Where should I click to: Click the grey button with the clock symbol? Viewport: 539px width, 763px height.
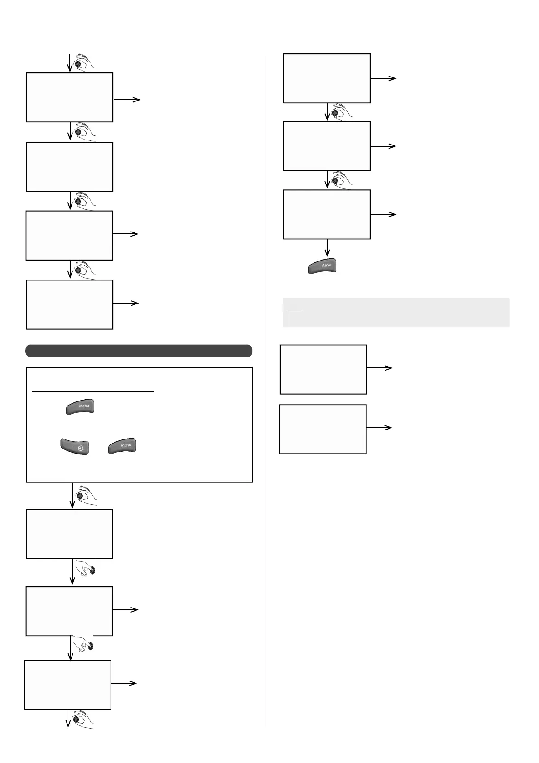click(x=74, y=446)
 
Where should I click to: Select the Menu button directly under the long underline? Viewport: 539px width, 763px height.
click(x=81, y=406)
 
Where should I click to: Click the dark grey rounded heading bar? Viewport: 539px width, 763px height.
click(x=139, y=351)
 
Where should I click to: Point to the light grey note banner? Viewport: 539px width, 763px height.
click(x=396, y=312)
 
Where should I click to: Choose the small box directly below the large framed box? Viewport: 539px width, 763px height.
click(x=69, y=534)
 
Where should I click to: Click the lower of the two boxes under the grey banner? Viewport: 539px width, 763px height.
click(x=323, y=429)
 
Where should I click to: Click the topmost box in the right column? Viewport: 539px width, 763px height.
click(x=327, y=78)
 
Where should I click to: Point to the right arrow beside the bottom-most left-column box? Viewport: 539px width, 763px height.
click(x=124, y=683)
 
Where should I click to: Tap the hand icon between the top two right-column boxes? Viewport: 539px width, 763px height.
click(x=340, y=112)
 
